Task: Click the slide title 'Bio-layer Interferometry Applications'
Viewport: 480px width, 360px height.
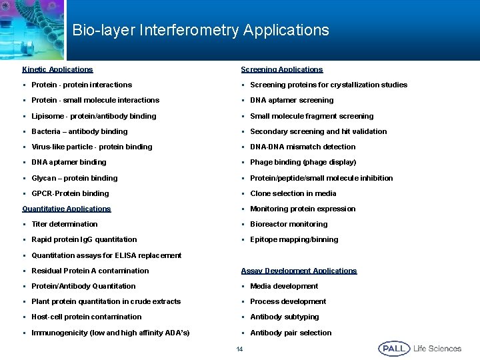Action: tap(200, 31)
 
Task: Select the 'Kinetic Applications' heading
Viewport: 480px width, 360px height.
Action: tap(57, 69)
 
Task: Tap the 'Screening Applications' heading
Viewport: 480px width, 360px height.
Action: tap(281, 69)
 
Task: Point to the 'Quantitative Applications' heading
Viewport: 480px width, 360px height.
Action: tap(67, 209)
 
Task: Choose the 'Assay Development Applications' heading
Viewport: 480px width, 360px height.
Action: tap(299, 271)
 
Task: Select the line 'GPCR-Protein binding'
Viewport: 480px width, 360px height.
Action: tap(70, 193)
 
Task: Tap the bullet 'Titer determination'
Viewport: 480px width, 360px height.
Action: tap(64, 224)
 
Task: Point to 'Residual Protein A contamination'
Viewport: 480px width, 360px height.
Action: tap(90, 271)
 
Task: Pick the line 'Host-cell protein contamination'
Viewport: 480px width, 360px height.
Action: tap(87, 317)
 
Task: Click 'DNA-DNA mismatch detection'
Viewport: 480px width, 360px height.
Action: tap(303, 147)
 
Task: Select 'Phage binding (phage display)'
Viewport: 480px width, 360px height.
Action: tap(303, 162)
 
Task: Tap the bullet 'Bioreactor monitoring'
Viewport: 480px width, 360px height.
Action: tap(289, 224)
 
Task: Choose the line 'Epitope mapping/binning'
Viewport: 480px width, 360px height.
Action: tap(294, 239)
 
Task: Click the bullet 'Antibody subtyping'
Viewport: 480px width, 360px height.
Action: tap(285, 317)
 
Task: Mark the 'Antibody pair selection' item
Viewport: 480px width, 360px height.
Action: tap(291, 333)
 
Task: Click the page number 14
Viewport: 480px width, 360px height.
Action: tap(239, 349)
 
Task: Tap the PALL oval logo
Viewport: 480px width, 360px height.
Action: tap(394, 349)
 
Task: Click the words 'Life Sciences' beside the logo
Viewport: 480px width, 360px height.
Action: tap(437, 349)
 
